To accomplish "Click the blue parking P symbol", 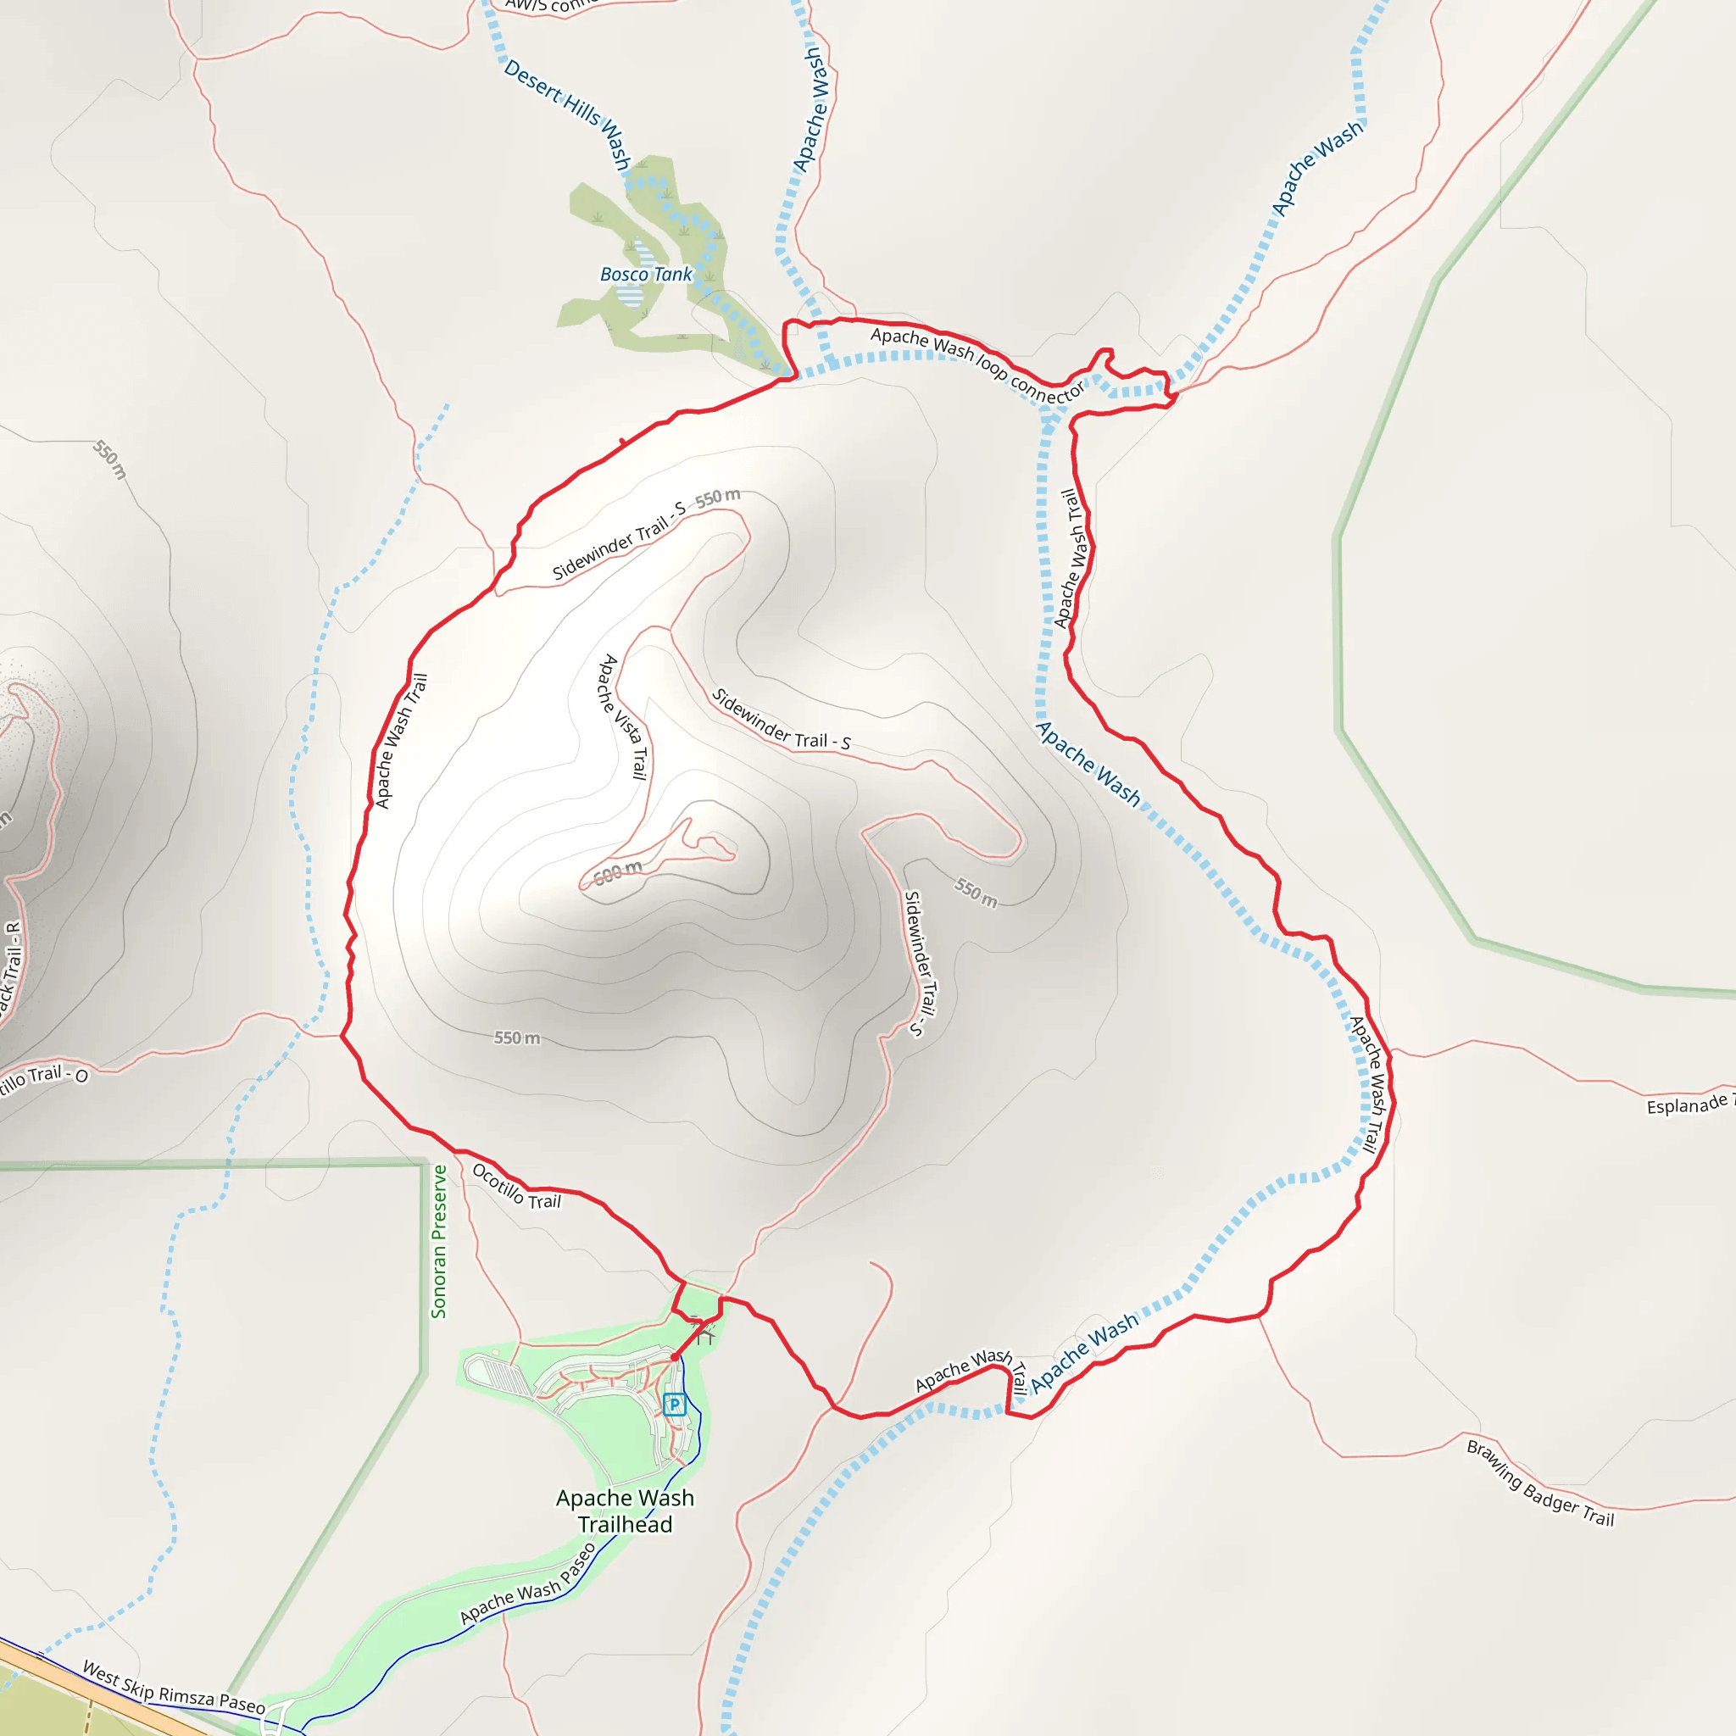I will click(x=674, y=1405).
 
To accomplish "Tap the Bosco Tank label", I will click(x=646, y=274).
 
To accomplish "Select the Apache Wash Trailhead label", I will click(x=625, y=1511).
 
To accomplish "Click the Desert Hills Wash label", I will click(x=568, y=114).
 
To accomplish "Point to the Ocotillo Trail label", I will click(x=515, y=1187).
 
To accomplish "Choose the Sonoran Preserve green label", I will click(x=438, y=1241).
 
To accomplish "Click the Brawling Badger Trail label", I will click(x=1540, y=1483).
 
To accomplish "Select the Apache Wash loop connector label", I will click(x=977, y=364).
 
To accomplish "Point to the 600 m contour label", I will click(x=618, y=871).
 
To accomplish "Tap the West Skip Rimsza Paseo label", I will click(x=174, y=1688).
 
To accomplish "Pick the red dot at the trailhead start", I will click(x=674, y=1357).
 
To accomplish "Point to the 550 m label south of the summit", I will click(x=517, y=1038).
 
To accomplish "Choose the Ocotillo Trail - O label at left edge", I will click(x=43, y=1077).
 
